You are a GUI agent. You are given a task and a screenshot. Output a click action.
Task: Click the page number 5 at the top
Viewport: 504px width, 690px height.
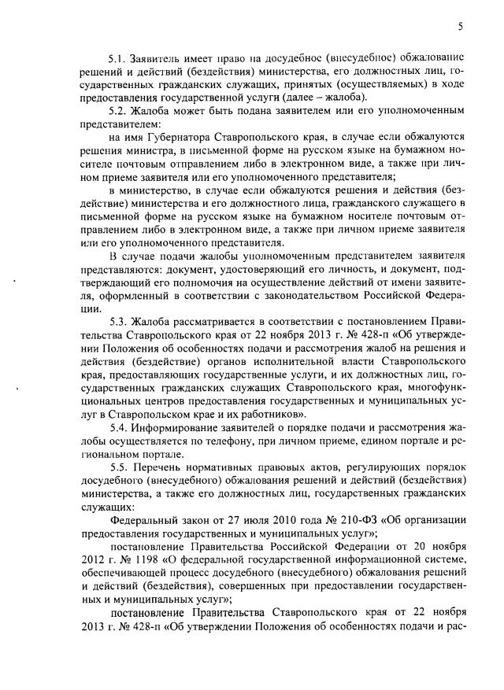tap(461, 28)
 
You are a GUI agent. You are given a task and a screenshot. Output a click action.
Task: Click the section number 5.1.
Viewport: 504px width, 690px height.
tap(117, 59)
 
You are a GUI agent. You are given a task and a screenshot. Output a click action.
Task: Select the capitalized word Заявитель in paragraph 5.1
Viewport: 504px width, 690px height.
tap(154, 59)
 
